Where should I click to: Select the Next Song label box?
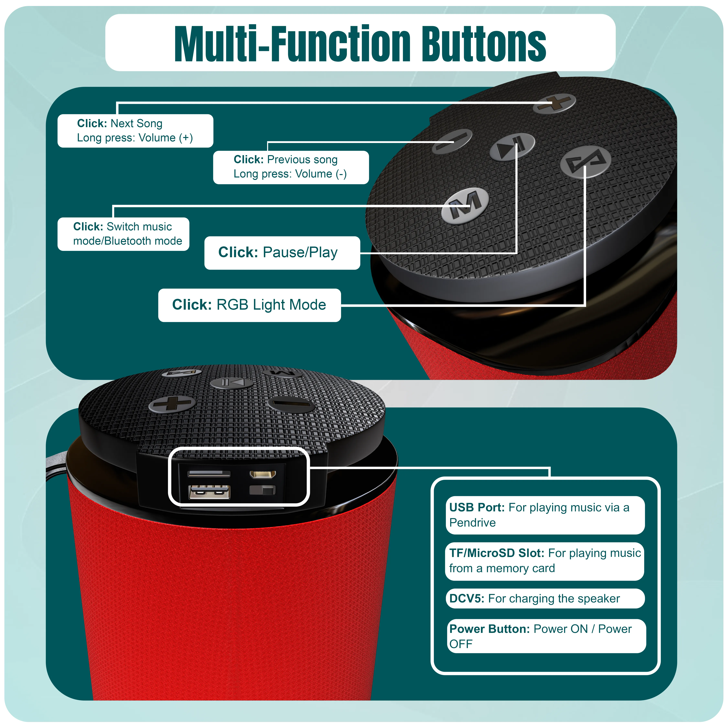click(x=135, y=131)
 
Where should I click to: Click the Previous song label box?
click(x=291, y=167)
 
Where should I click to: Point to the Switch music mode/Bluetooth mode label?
click(x=123, y=234)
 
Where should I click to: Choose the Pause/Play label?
click(x=282, y=253)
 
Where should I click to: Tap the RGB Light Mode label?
click(x=249, y=305)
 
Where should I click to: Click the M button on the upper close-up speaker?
click(x=465, y=205)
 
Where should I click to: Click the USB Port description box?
click(x=545, y=515)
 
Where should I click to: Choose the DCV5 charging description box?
click(x=545, y=598)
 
